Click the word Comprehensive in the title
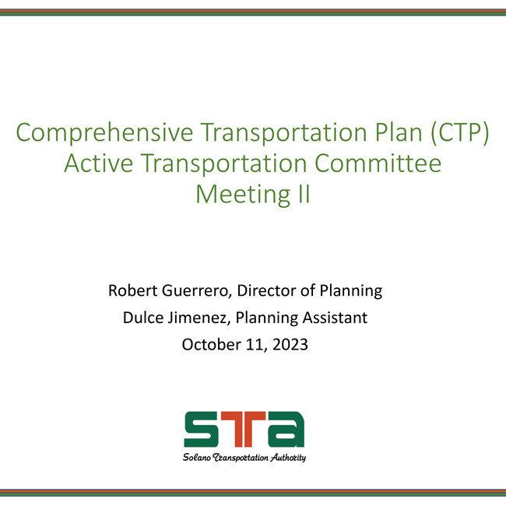(104, 132)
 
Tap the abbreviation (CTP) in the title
(459, 132)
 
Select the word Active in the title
(98, 163)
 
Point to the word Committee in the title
(378, 163)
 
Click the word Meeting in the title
(243, 195)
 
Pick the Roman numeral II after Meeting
(304, 194)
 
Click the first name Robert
(132, 290)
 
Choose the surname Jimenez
(199, 318)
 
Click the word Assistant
(335, 318)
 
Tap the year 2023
(290, 344)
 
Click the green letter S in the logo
(200, 429)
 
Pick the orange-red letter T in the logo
(244, 429)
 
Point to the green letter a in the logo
(285, 429)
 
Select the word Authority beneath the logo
(288, 458)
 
